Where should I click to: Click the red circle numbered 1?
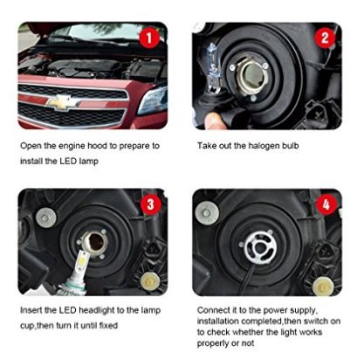click(150, 38)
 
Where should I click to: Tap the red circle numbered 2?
click(326, 38)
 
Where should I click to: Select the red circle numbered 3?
click(150, 206)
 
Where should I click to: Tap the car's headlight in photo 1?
click(153, 99)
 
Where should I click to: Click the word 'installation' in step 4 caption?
click(222, 322)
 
